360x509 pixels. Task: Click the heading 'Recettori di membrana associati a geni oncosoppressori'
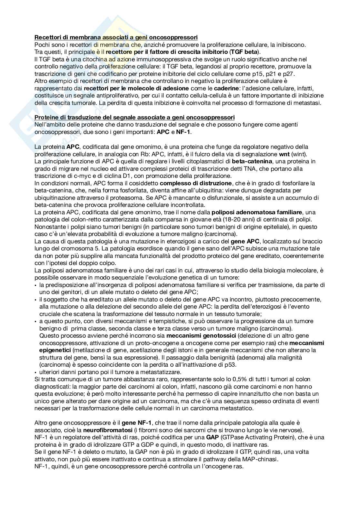pos(116,37)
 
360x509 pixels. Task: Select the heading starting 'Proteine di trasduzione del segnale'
pos(135,117)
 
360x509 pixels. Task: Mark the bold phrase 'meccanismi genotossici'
pos(202,336)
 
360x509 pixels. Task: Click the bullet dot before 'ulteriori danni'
pos(35,372)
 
